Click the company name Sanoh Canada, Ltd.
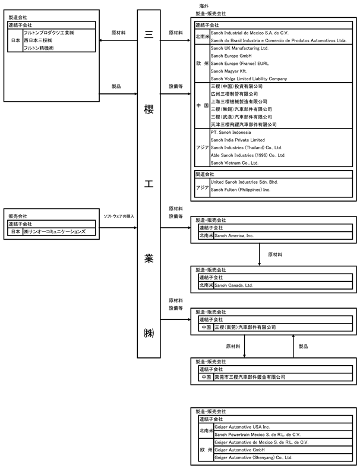[233, 285]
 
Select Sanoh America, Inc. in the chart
[234, 235]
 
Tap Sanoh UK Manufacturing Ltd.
[239, 48]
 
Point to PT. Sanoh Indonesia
[230, 132]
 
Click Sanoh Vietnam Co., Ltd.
[235, 163]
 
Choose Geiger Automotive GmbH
[239, 450]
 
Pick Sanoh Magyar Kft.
[229, 71]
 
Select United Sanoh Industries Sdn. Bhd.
[244, 182]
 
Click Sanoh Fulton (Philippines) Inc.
[241, 190]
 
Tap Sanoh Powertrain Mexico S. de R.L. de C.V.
[257, 435]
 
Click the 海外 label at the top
[204, 6]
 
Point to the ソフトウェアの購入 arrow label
[119, 216]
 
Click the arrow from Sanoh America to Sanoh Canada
[259, 255]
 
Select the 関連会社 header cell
[204, 174]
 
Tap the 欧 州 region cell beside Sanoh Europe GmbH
[202, 64]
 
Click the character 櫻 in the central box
[149, 109]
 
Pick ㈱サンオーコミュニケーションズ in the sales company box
[55, 231]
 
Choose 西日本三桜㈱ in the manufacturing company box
[38, 40]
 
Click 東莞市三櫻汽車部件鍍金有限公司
[250, 377]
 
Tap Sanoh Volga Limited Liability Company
[249, 79]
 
